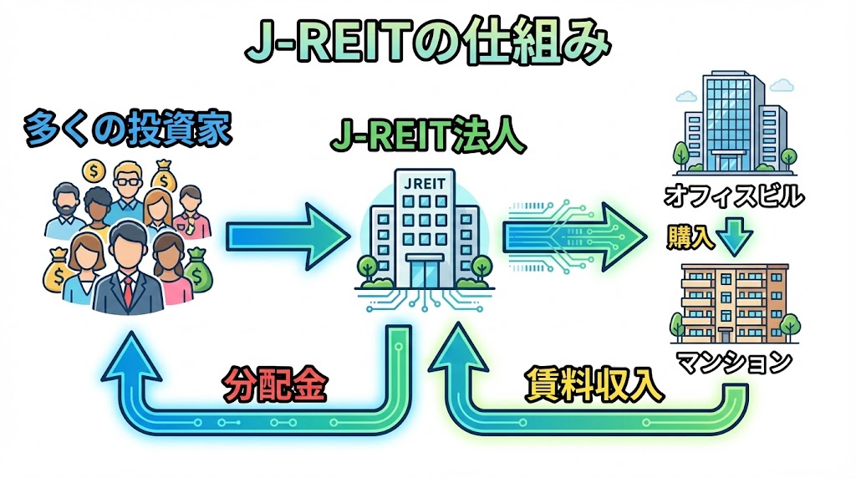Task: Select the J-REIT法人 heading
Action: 427,139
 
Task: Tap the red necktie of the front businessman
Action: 127,287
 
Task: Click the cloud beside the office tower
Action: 781,84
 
